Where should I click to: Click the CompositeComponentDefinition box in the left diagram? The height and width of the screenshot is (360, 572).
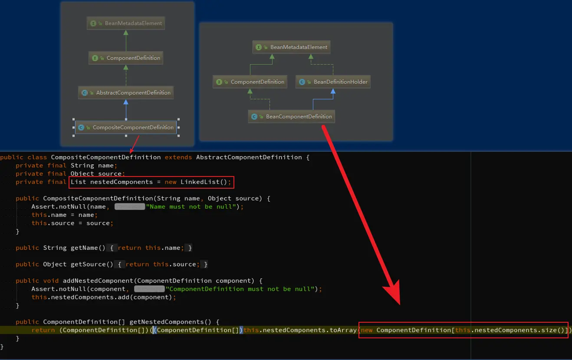click(x=126, y=128)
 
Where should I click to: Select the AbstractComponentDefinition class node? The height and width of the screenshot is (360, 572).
click(x=126, y=93)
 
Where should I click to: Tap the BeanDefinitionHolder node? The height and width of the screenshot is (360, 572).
click(x=333, y=82)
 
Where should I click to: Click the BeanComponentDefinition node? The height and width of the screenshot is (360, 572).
click(x=292, y=116)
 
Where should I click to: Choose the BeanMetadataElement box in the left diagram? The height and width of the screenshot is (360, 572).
click(x=126, y=23)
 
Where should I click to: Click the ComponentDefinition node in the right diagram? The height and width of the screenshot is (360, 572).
click(x=250, y=82)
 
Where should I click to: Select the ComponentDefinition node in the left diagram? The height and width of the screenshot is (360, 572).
click(x=126, y=58)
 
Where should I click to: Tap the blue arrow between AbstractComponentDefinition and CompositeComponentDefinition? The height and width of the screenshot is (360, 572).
click(x=126, y=110)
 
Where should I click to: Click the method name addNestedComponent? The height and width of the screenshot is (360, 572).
click(x=98, y=281)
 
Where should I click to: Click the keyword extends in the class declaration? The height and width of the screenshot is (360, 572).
click(x=178, y=157)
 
